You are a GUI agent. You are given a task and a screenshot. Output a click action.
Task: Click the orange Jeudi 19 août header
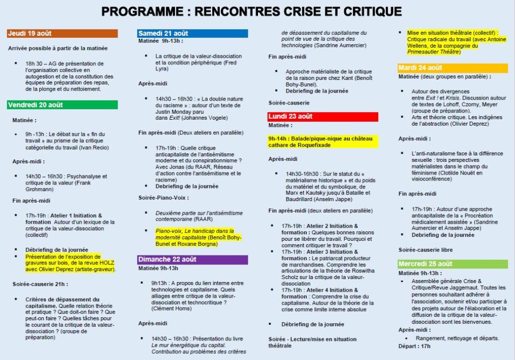click(62, 34)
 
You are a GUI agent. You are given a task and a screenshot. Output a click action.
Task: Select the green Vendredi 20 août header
click(62, 105)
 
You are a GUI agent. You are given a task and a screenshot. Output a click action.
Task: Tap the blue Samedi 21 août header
click(193, 34)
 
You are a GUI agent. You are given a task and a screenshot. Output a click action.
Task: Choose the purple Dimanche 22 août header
click(193, 259)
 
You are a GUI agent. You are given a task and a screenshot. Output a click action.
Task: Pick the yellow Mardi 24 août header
click(453, 68)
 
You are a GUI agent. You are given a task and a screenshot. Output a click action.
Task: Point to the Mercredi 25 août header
click(453, 263)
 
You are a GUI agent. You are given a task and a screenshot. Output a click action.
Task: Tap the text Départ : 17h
click(415, 346)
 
